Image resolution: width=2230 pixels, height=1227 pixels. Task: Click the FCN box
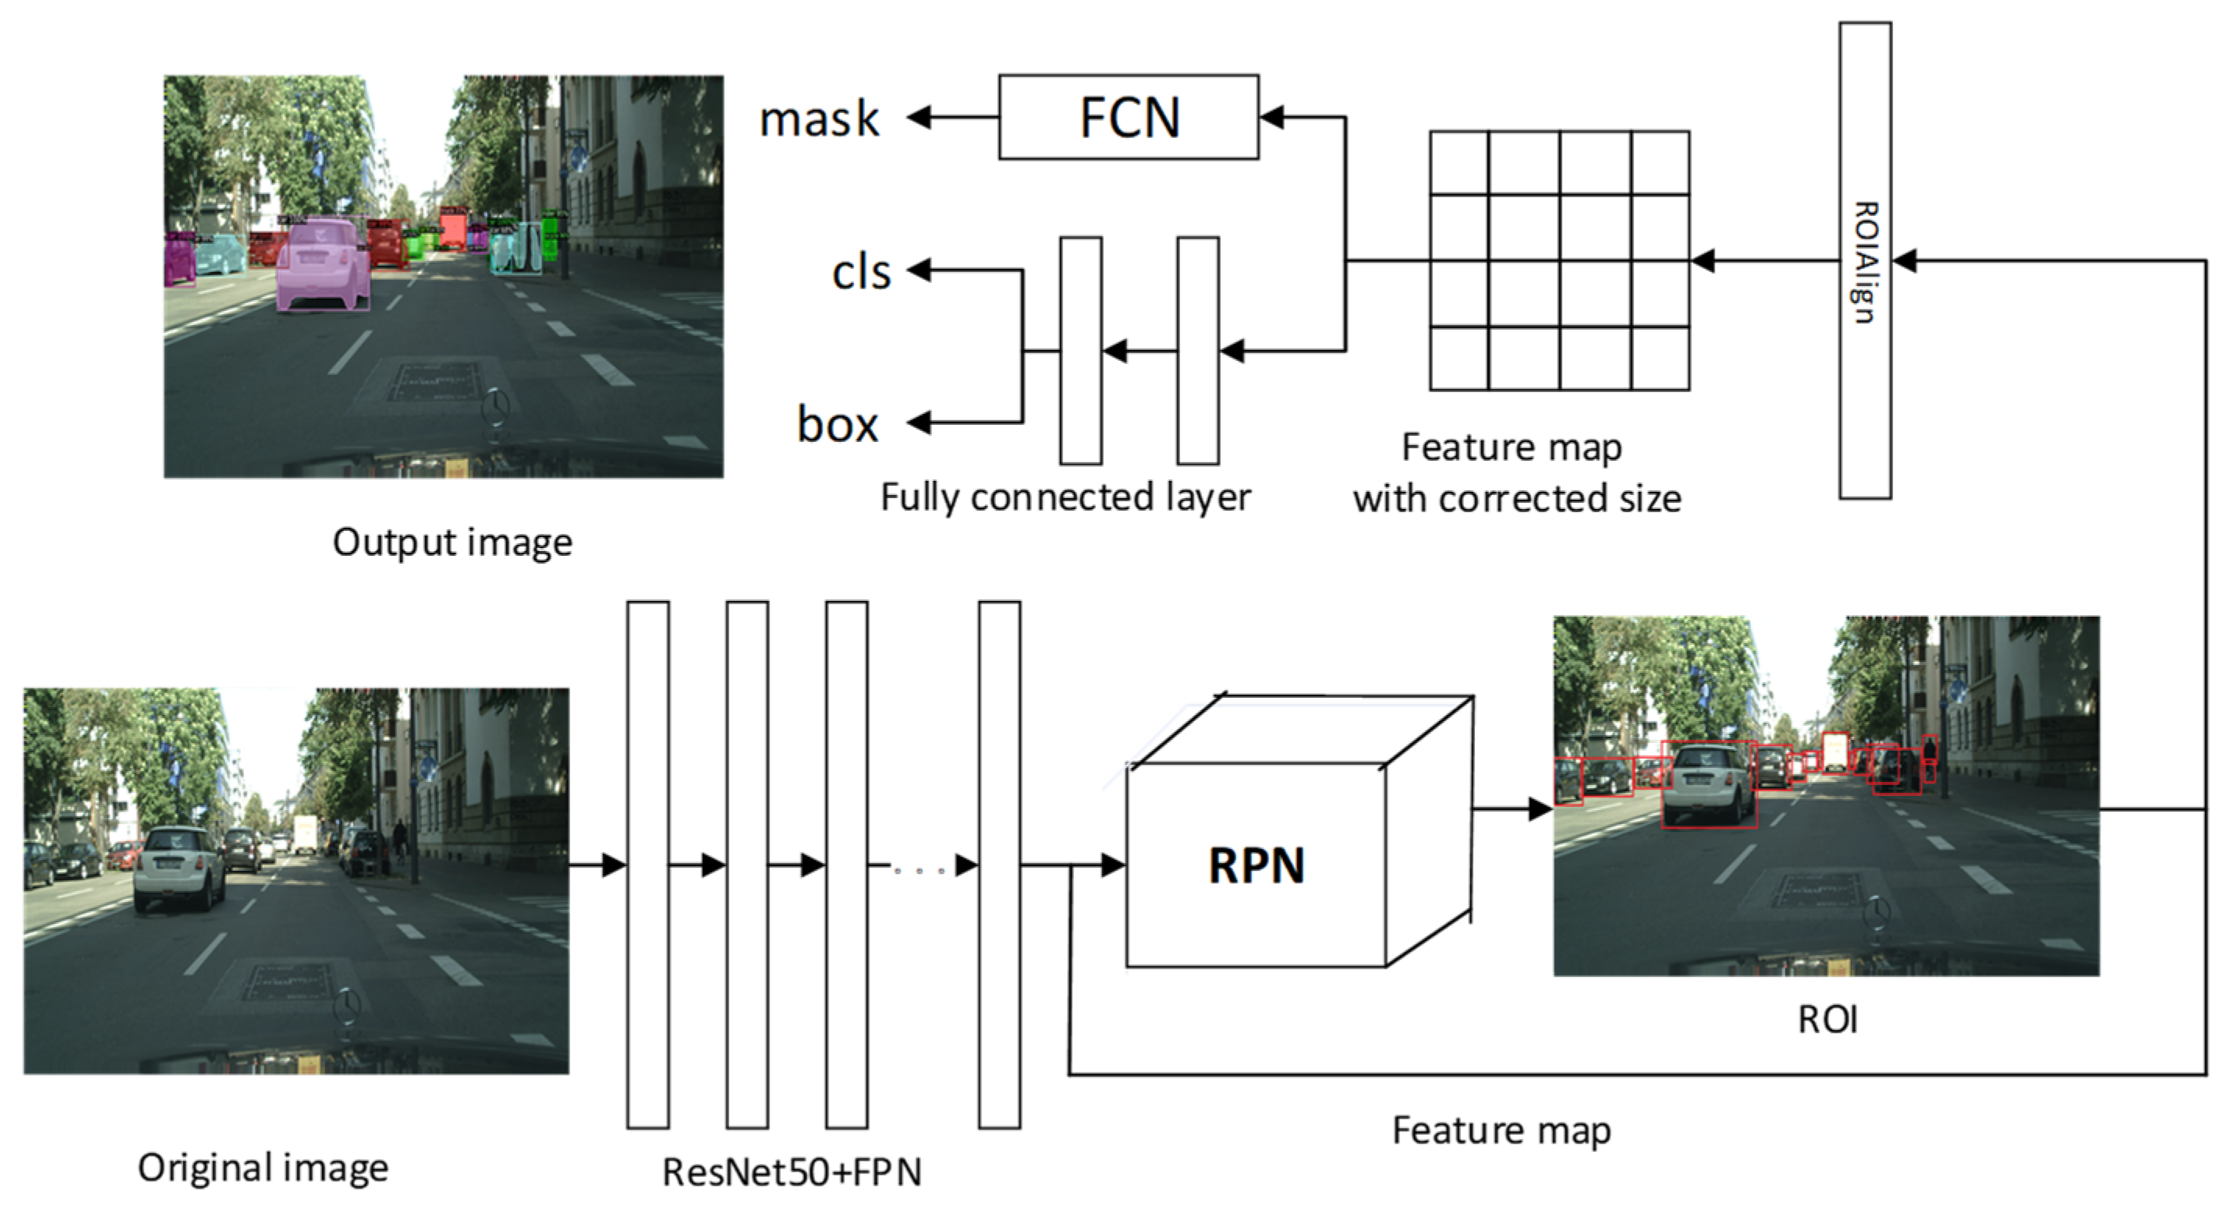pyautogui.click(x=1128, y=117)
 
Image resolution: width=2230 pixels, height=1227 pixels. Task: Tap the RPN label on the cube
pyautogui.click(x=1256, y=865)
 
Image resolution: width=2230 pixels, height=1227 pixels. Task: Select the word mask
pyautogui.click(x=819, y=118)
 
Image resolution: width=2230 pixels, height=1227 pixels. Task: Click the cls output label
pyautogui.click(x=860, y=273)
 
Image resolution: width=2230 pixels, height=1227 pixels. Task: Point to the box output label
pyautogui.click(x=837, y=425)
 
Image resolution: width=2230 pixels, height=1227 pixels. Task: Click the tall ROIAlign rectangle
pyautogui.click(x=1865, y=260)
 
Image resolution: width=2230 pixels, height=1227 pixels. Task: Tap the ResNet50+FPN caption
pyautogui.click(x=791, y=1172)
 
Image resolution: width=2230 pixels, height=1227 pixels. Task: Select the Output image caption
pyautogui.click(x=452, y=543)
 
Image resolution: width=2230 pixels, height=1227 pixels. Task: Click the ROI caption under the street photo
pyautogui.click(x=1828, y=1020)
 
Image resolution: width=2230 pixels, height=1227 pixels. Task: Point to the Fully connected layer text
pyautogui.click(x=1065, y=497)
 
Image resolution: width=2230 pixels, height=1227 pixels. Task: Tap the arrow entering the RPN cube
pyautogui.click(x=1100, y=865)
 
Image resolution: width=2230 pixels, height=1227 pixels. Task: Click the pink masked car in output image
pyautogui.click(x=323, y=264)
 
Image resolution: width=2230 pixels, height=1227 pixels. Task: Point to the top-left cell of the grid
pyautogui.click(x=1459, y=163)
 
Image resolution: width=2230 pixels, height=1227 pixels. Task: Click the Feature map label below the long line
pyautogui.click(x=1501, y=1131)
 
